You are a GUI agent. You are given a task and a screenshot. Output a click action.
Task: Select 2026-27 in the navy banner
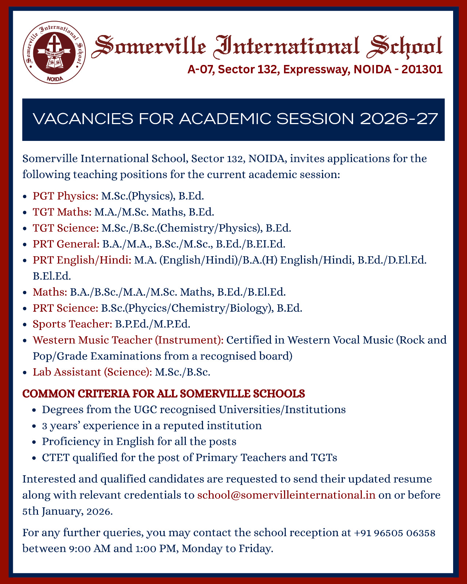pos(399,119)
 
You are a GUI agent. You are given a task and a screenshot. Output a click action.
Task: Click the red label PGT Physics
pos(65,196)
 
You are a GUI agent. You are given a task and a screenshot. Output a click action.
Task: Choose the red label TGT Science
pos(66,228)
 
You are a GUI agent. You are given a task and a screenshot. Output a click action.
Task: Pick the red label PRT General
pos(66,244)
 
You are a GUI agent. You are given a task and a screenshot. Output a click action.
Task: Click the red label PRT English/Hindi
pos(82,260)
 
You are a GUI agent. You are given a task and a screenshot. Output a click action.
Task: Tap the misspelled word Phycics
pos(147,308)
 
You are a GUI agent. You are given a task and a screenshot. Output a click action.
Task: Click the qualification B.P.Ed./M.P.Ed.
pos(153,324)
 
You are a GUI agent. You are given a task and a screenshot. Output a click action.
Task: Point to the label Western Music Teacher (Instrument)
pos(128,340)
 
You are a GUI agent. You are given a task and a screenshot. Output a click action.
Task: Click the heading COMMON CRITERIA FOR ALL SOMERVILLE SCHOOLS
pos(164,394)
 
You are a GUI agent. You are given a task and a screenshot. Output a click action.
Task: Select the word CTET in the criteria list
pos(55,457)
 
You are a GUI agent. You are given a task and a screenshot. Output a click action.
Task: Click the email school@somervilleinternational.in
pos(286,495)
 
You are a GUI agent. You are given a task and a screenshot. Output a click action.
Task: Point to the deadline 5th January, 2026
pos(67,511)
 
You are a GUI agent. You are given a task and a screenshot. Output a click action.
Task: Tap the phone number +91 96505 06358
pos(394,533)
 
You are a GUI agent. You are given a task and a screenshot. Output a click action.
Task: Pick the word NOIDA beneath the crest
pos(55,78)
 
